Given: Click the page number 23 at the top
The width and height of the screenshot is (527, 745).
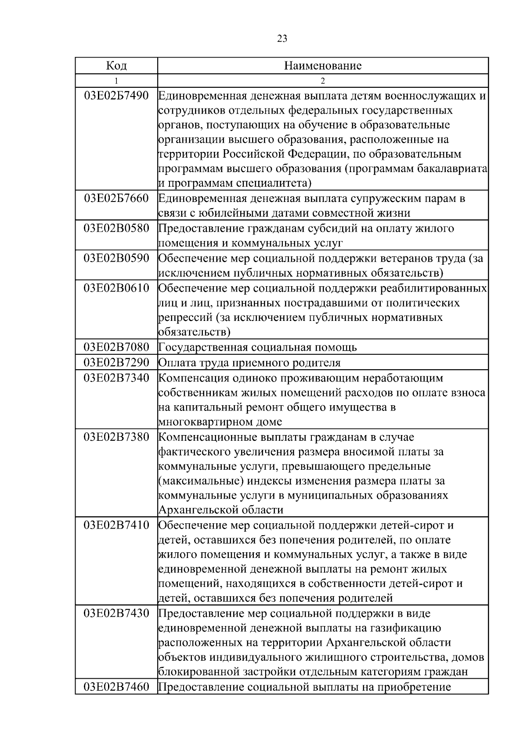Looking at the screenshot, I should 282,39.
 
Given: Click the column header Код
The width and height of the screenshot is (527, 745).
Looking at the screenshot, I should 116,66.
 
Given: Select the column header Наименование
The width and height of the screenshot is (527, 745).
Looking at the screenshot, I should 323,66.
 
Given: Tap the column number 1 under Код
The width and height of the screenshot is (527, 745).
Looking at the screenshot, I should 116,81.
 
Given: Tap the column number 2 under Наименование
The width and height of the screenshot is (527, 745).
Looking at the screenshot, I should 323,81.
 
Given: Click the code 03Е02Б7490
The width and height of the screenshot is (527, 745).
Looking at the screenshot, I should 116,95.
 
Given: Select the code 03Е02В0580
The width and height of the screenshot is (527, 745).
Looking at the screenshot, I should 116,228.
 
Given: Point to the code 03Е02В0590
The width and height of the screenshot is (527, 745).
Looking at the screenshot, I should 116,258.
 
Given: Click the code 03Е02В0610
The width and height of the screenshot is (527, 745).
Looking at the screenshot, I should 116,288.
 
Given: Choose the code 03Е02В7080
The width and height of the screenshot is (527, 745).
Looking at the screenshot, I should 116,347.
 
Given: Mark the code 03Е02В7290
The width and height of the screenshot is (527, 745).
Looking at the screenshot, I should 116,363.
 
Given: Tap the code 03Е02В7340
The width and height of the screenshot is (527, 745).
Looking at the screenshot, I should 116,378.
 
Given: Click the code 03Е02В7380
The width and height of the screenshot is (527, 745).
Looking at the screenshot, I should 116,437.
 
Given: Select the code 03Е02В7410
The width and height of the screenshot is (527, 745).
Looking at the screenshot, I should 116,525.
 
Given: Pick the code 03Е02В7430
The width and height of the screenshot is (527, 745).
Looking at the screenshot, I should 116,613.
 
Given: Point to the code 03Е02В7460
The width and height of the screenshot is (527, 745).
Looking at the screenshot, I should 116,687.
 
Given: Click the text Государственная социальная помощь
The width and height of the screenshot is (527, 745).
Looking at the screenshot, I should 257,347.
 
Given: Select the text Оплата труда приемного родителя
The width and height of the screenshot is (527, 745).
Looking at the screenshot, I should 249,363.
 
